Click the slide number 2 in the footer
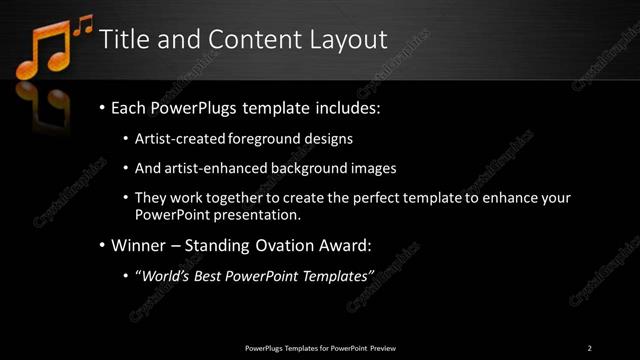(x=589, y=348)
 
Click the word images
(x=369, y=168)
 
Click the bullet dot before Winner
(x=102, y=246)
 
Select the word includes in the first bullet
(x=347, y=107)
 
